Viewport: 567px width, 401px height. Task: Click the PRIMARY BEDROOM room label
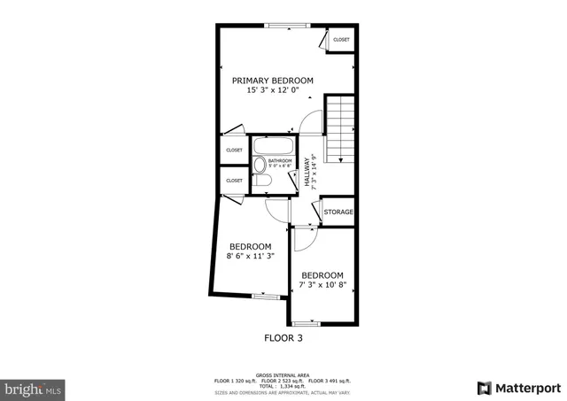tap(272, 81)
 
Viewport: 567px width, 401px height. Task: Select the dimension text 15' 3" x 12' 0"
tap(272, 90)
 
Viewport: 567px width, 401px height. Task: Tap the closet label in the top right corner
tap(341, 40)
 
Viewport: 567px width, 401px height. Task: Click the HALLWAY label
tap(307, 172)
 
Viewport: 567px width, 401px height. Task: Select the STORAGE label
tap(338, 212)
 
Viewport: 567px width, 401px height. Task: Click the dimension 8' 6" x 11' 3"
tap(250, 257)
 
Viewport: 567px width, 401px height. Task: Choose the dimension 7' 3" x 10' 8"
tap(322, 286)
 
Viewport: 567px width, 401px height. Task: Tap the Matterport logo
tap(519, 388)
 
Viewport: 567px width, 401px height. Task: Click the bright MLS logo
tap(34, 388)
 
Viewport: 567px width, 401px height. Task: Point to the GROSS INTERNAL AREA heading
tap(283, 374)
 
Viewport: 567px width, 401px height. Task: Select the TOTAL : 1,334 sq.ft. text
tap(283, 386)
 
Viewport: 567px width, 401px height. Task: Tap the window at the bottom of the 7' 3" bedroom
tap(307, 323)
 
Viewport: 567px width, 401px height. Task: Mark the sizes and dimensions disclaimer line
tap(283, 392)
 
